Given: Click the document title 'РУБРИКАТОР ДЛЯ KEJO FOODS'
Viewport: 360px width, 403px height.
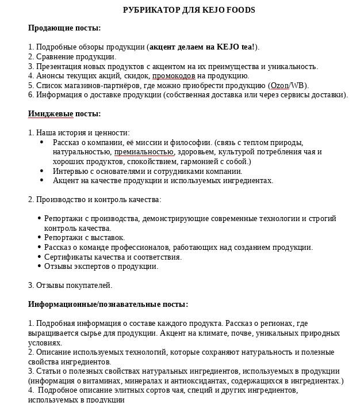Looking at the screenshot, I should coord(189,10).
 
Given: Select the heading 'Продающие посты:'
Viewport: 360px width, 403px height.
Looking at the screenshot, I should coord(64,28).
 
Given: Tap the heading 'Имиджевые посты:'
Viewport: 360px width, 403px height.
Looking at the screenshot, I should coord(64,113).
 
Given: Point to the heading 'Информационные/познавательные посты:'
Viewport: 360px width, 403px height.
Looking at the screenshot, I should coord(108,304).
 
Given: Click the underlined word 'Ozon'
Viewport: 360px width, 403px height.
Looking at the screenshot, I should coord(279,85).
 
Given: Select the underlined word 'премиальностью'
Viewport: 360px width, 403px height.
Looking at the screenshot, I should coord(144,152).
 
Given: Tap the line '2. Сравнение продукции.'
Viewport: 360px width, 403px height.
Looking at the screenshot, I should coord(72,56).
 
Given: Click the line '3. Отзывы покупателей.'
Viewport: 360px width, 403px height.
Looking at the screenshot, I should coord(70,285).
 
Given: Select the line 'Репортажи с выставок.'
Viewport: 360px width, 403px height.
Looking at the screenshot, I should coord(85,237).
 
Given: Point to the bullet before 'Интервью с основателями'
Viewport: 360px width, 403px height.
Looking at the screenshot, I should coord(42,171).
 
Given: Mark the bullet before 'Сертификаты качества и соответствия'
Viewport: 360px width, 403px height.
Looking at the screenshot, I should coord(39,257).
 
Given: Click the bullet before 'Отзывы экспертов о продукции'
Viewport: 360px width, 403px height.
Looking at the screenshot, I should coord(39,267).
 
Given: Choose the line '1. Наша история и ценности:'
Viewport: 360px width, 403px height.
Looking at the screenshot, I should coord(79,132).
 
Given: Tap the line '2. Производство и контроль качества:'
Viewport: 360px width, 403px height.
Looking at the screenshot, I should coord(95,199).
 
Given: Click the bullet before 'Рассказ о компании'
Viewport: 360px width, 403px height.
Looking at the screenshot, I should coord(42,142).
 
